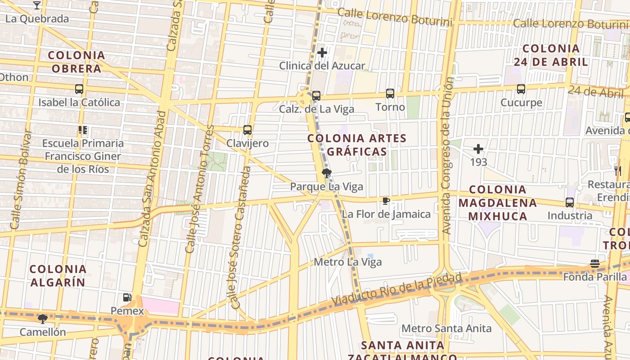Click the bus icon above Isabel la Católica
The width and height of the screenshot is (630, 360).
click(79, 89)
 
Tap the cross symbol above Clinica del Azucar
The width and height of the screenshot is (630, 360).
click(322, 53)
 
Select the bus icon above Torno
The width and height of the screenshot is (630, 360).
click(390, 94)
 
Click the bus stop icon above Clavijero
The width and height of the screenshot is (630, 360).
click(247, 130)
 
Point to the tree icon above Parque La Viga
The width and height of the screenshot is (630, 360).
click(327, 173)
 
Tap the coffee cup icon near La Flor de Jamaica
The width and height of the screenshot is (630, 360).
click(386, 201)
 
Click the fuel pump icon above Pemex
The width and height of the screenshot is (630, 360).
click(127, 297)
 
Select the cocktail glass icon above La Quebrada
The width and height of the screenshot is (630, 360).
click(37, 5)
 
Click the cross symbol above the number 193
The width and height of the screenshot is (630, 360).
click(478, 148)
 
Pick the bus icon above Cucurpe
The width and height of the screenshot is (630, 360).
click(521, 89)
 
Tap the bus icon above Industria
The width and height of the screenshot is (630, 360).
click(570, 202)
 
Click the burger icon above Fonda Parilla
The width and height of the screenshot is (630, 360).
click(595, 264)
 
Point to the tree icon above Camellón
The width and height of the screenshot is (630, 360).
click(43, 319)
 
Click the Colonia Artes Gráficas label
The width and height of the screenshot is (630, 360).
click(357, 145)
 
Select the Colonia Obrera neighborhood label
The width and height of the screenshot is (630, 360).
click(76, 62)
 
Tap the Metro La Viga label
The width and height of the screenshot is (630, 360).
click(348, 262)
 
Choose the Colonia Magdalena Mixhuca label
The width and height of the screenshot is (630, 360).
click(498, 203)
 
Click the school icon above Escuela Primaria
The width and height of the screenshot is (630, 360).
click(82, 130)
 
